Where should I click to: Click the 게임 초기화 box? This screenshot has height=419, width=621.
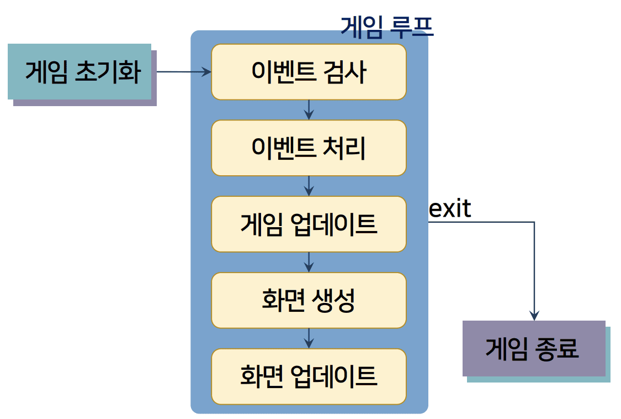(x=79, y=72)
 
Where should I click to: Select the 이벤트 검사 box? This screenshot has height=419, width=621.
(x=309, y=72)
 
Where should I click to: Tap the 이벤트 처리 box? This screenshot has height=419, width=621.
(x=309, y=148)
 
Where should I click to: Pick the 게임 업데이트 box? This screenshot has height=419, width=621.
(x=309, y=224)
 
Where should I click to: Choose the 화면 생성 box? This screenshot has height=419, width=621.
(x=309, y=300)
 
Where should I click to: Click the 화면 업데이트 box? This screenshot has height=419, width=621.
(x=309, y=376)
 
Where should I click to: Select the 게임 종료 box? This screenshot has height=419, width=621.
(x=533, y=349)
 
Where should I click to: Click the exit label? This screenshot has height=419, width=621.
(x=450, y=209)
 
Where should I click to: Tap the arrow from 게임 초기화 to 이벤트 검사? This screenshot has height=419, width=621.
(x=182, y=72)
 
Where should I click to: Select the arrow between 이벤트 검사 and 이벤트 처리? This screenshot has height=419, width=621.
(x=309, y=110)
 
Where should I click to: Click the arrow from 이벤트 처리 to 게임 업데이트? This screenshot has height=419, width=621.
(x=309, y=186)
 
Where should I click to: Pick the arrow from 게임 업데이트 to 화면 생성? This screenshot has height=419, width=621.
(x=309, y=262)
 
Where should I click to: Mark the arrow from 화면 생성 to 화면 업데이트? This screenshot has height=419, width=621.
(x=309, y=338)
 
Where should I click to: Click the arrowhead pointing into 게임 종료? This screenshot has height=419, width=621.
(x=534, y=316)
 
